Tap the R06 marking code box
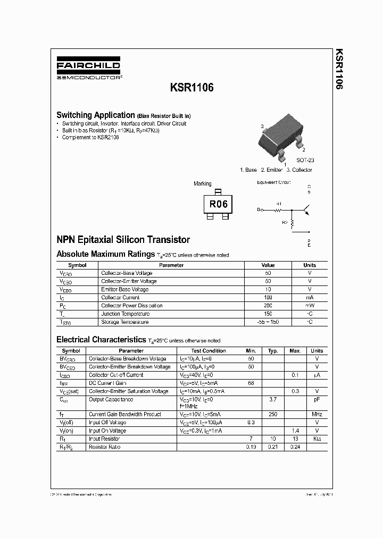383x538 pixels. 217,204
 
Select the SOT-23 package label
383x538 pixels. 305,159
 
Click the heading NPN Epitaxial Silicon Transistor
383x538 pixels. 123,240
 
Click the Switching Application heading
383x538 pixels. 96,115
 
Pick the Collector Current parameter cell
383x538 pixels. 120,298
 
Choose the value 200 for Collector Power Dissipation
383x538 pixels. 268,306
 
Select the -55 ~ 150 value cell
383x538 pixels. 268,322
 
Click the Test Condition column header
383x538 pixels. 209,351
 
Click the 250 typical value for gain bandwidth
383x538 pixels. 273,414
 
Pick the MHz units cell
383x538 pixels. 317,414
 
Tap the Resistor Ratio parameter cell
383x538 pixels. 104,447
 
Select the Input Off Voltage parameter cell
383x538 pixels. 107,423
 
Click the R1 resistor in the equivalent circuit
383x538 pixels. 278,209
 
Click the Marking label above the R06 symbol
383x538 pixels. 202,184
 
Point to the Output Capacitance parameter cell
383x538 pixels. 111,399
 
